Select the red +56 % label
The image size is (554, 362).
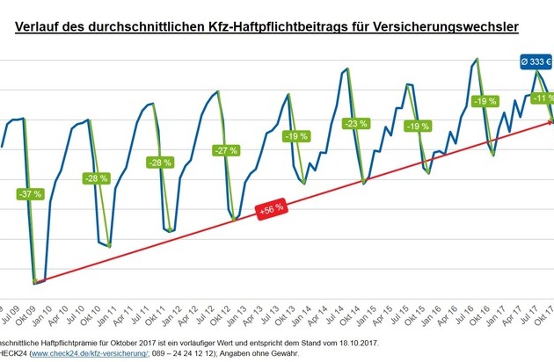pyautogui.click(x=270, y=209)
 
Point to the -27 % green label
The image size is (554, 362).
pyautogui.click(x=226, y=149)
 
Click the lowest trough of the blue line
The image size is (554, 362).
pyautogui.click(x=34, y=283)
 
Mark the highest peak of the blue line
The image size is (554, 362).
pyautogui.click(x=477, y=59)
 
